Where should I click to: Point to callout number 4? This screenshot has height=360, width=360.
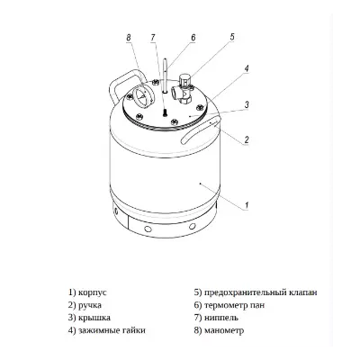(x=247, y=67)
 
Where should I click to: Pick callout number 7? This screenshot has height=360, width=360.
(x=154, y=37)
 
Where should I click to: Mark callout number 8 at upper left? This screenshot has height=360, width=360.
(x=129, y=37)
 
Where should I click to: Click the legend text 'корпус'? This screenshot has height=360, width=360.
(x=93, y=292)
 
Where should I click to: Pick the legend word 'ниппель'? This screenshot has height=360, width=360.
(x=224, y=318)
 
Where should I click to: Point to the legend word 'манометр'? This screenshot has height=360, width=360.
(x=228, y=330)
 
